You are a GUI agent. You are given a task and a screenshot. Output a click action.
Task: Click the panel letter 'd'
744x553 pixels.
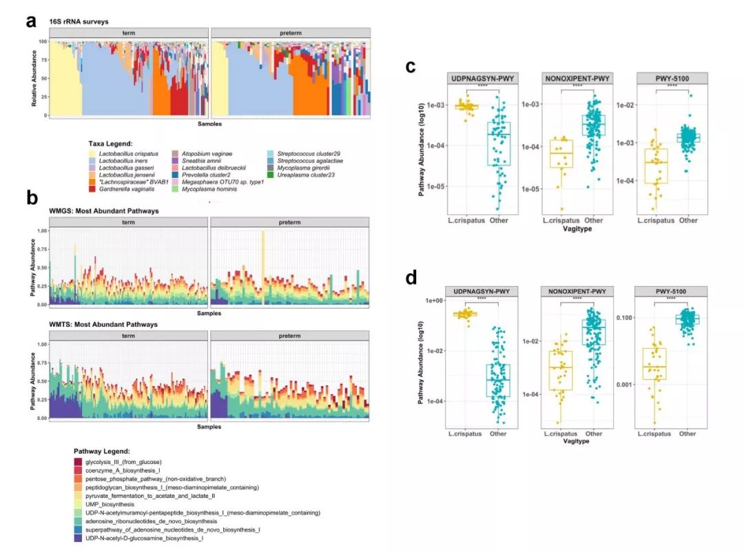[x=411, y=278]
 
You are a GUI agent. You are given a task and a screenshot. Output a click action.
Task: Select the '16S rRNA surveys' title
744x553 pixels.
[x=79, y=22]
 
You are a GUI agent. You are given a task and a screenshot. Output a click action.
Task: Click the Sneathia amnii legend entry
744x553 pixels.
[x=203, y=161]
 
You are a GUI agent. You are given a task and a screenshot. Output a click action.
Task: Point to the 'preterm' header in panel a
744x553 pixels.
[x=291, y=33]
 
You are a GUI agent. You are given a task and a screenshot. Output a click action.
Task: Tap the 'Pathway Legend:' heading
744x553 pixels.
[x=103, y=450]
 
